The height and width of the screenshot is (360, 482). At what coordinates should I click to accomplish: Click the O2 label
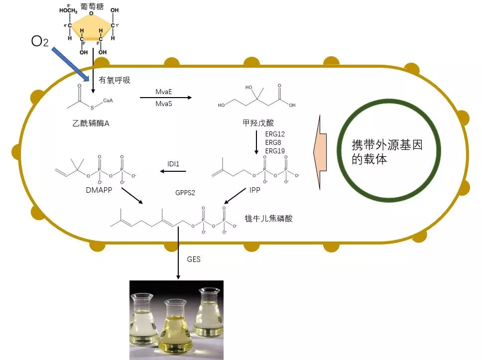[40, 41]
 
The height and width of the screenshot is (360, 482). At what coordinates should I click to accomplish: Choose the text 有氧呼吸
[115, 80]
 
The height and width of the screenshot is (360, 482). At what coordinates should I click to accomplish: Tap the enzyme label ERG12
[275, 134]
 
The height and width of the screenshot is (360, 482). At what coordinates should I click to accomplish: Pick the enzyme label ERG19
[275, 150]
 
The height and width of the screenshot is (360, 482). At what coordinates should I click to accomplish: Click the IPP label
[255, 190]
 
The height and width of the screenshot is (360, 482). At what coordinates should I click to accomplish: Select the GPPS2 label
[185, 192]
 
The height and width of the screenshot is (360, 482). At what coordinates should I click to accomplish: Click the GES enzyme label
[194, 259]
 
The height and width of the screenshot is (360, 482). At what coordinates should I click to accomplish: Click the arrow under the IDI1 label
[173, 172]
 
